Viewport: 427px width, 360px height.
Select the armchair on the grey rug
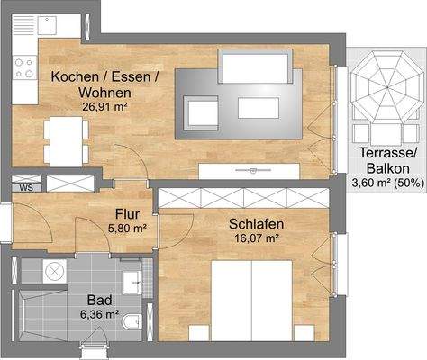click(x=196, y=110)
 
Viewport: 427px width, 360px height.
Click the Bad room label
click(x=99, y=300)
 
